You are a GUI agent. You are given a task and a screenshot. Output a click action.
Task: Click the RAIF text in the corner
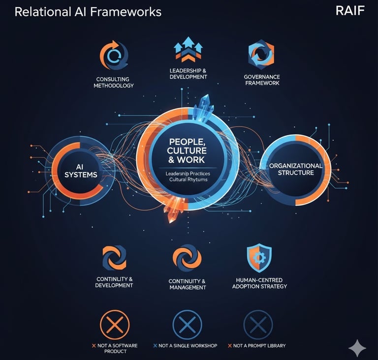(x=350, y=11)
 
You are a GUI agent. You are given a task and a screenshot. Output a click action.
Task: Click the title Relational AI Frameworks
(x=88, y=12)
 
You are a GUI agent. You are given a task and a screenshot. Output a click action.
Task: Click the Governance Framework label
(x=262, y=80)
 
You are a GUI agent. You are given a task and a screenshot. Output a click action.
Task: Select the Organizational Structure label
(x=295, y=169)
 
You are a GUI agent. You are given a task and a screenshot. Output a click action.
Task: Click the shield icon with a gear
(x=259, y=259)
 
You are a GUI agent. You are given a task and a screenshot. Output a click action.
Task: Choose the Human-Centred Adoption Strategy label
(x=259, y=283)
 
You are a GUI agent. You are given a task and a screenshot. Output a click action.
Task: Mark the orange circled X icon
(x=115, y=325)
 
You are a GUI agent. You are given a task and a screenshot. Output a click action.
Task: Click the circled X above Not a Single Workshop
(x=187, y=325)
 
